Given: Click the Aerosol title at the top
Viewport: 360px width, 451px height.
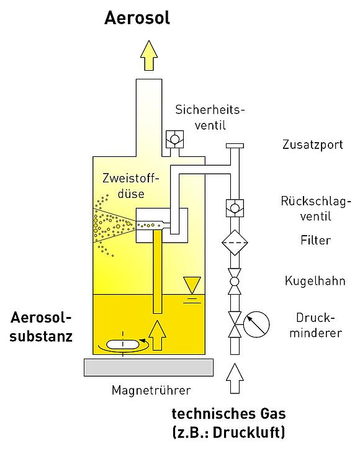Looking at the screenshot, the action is [137, 18].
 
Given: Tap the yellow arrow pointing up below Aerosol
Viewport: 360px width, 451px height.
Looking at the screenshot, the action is [149, 55].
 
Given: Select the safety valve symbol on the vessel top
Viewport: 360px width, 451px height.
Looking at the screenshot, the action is [174, 140].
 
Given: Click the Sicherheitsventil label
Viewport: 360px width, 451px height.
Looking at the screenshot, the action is [210, 118].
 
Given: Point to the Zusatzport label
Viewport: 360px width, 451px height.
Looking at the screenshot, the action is [313, 145].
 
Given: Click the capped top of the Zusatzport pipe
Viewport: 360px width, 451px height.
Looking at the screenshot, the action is [235, 146].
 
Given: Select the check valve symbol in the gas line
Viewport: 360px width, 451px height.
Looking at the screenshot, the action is [235, 208].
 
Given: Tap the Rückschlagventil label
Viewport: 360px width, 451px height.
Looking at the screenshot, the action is [316, 208].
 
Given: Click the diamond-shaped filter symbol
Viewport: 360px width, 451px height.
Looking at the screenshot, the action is [235, 243].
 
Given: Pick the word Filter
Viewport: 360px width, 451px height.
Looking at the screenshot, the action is [316, 240].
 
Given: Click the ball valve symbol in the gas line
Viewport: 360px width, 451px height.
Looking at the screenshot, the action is [235, 282].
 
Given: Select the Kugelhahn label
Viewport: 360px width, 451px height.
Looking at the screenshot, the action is [315, 281].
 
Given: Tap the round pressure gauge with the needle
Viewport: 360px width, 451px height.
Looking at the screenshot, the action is [256, 324].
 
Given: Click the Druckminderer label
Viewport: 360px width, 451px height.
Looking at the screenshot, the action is [316, 325].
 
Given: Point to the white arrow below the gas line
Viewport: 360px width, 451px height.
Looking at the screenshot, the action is [235, 378].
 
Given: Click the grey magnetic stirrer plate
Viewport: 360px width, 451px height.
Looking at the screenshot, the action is [148, 367].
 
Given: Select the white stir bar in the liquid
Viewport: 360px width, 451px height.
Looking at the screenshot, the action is [123, 344].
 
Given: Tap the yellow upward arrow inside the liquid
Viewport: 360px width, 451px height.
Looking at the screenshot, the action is [157, 335].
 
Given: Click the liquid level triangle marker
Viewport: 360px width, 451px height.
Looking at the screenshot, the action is [192, 285].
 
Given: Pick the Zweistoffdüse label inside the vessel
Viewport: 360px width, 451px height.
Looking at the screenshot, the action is [131, 186].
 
